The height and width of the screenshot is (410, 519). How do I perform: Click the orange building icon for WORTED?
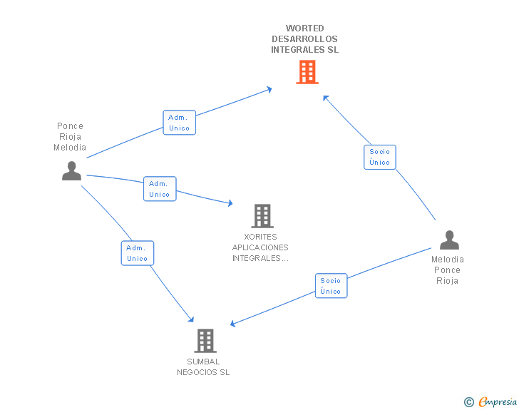(307, 72)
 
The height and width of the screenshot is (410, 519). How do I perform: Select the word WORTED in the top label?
(304, 29)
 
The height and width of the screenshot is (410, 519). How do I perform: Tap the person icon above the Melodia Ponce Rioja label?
(449, 240)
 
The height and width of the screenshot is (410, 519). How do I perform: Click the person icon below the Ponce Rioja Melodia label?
(71, 171)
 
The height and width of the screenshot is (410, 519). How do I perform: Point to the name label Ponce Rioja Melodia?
(70, 137)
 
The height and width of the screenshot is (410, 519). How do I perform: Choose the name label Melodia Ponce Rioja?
(447, 270)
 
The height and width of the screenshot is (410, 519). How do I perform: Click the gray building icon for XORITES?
(262, 216)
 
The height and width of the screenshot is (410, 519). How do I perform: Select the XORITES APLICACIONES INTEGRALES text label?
(260, 247)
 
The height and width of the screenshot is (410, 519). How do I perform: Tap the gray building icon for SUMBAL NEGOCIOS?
(205, 341)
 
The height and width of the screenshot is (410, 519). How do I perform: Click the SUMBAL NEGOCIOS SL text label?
(204, 367)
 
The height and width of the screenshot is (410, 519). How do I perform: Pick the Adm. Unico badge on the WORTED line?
(179, 123)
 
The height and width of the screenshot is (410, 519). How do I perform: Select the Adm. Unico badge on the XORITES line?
(159, 189)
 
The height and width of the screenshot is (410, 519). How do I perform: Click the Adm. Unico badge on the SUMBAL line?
(137, 253)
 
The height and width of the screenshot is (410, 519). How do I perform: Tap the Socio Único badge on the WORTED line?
(380, 157)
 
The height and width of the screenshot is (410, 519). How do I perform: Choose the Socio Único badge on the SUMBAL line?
(331, 286)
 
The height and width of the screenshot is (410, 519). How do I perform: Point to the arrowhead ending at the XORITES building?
(230, 204)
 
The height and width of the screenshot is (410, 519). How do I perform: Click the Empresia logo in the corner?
(498, 402)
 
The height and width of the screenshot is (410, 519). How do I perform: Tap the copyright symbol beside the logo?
(468, 403)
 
